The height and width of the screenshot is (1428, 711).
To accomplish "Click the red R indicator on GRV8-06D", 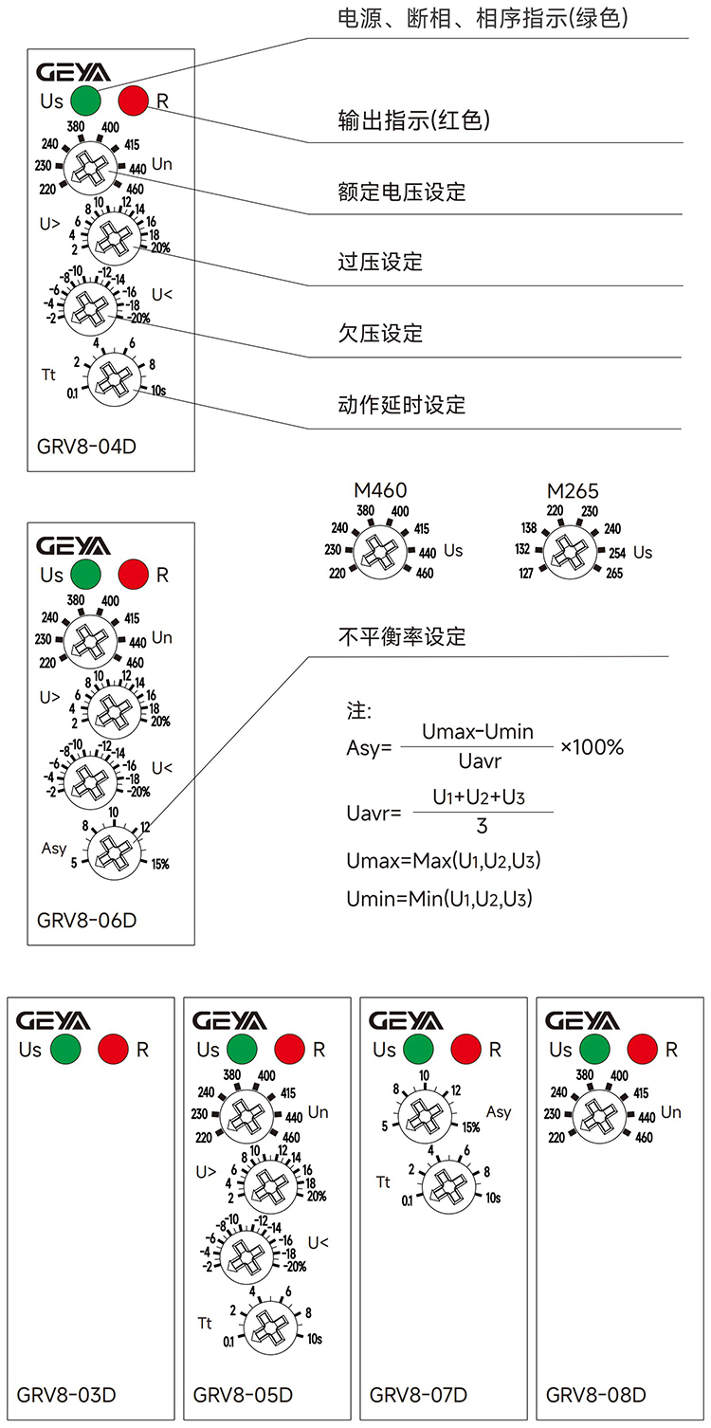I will click(x=134, y=574).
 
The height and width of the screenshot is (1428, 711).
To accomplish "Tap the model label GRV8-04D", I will click(x=86, y=446).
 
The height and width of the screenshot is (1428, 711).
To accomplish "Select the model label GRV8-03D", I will click(x=66, y=1395).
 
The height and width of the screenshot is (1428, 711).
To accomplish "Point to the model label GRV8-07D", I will click(x=418, y=1395).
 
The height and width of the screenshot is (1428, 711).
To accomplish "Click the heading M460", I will click(x=380, y=490).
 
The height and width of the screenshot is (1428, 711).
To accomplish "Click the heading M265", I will click(x=573, y=491).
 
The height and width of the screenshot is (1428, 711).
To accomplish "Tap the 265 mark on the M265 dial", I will click(x=615, y=573).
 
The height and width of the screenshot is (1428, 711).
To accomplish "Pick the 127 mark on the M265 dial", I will click(x=526, y=573).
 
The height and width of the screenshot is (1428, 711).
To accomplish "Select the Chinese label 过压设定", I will click(x=380, y=262).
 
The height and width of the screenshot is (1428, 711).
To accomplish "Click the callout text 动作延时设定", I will click(x=402, y=405).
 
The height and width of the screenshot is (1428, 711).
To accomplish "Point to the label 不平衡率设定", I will click(x=402, y=636).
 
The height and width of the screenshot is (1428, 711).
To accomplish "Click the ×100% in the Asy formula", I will click(x=592, y=747).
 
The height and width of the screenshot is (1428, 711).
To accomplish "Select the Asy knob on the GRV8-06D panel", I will click(x=112, y=850).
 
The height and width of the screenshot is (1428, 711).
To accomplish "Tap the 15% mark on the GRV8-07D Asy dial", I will click(x=471, y=1127).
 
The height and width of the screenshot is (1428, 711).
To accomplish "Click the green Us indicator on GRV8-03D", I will click(x=65, y=1050).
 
